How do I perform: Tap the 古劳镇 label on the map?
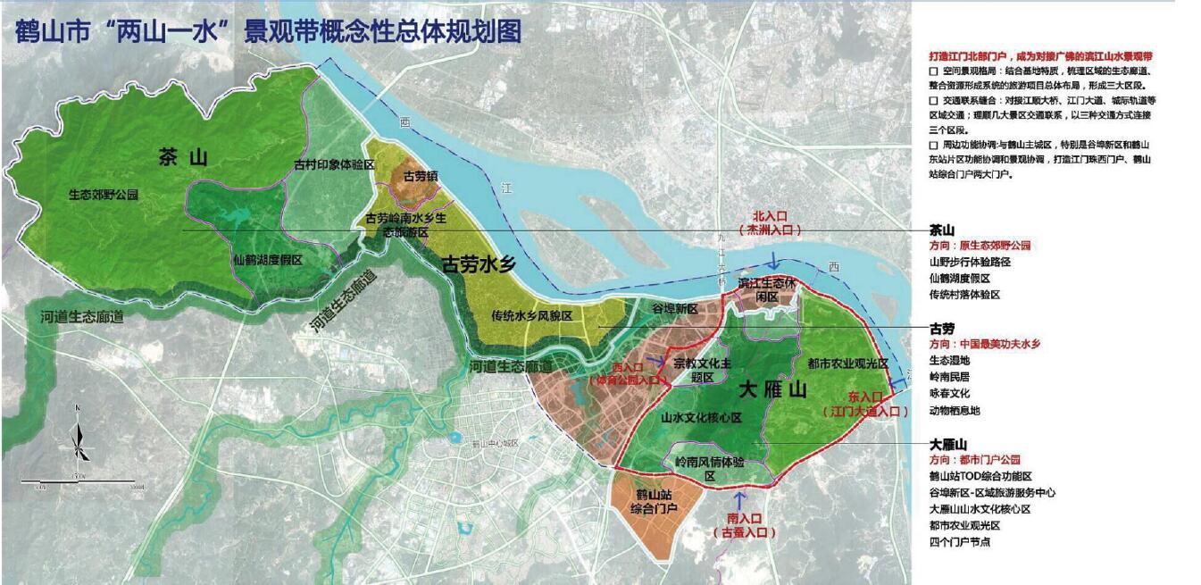point(420,176)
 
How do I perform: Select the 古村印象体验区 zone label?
point(334,165)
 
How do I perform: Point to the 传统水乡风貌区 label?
point(531,316)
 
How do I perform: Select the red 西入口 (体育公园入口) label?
point(629,373)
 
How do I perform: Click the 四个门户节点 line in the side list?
point(959,541)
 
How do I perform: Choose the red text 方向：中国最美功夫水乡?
point(985,344)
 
